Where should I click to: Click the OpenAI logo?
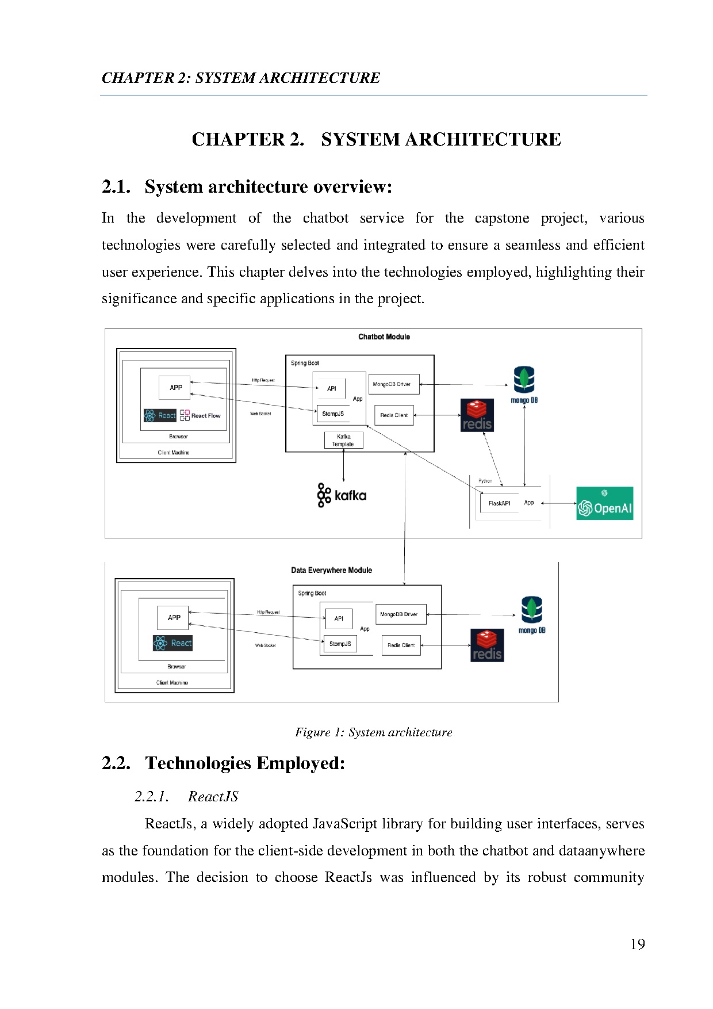604,504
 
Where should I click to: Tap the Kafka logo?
342,495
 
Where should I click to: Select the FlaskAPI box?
499,503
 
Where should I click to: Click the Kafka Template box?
343,441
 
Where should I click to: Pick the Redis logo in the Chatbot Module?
477,415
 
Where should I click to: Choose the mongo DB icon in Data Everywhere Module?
532,615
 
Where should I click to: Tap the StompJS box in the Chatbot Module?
333,414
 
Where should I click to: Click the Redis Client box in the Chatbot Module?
394,415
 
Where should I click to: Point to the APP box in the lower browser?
174,618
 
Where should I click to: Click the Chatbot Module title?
384,337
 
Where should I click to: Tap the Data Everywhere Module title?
331,571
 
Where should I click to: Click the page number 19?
637,945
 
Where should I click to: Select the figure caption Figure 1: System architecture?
374,732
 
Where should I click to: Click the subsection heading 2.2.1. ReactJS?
186,797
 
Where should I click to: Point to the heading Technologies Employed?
245,763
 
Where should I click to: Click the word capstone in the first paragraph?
501,219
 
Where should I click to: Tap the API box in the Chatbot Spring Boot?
332,388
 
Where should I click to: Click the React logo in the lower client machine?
172,643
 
